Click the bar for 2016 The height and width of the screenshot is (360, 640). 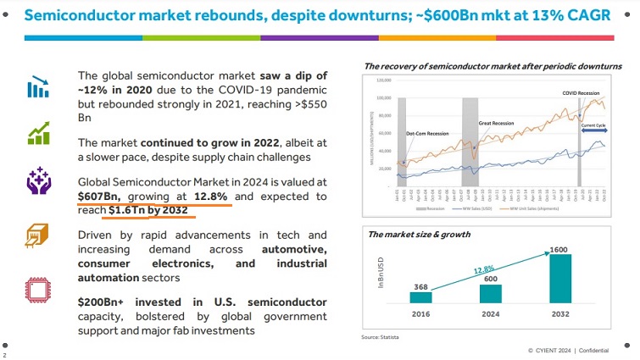[x=420, y=297]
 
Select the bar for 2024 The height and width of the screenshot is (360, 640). [x=490, y=293]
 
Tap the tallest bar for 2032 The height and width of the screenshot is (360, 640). [x=560, y=279]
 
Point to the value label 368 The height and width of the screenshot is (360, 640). [x=420, y=286]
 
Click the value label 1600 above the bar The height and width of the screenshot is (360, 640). [x=560, y=249]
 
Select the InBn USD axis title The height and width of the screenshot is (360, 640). [x=381, y=276]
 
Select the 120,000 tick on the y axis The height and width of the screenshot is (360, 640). [x=383, y=80]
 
